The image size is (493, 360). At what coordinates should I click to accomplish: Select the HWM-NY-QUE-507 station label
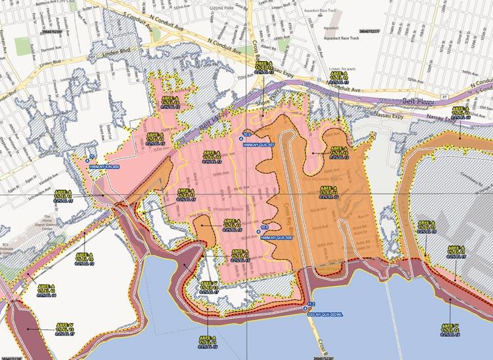click(x=258, y=144)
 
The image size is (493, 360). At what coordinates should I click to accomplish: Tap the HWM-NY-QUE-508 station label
click(x=276, y=238)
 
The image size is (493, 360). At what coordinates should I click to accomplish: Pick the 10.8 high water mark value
click(x=265, y=227)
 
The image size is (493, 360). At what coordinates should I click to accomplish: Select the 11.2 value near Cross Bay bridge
click(x=311, y=304)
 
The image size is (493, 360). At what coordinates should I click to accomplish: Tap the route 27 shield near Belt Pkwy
click(x=444, y=96)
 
